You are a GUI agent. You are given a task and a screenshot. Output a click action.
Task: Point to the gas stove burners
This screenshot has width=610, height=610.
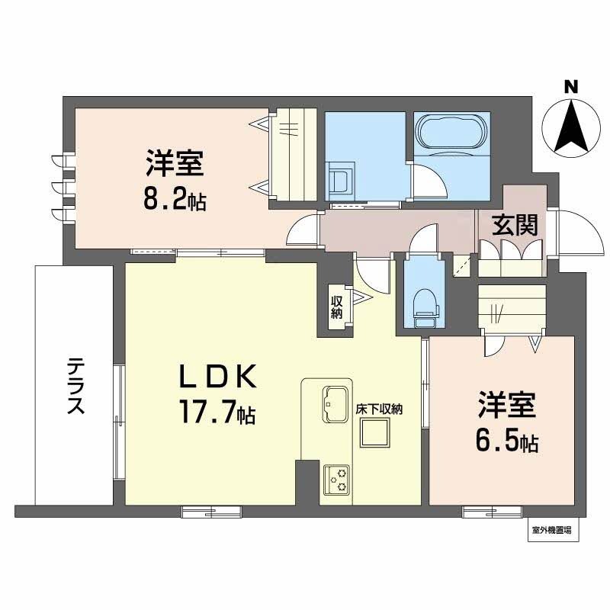[x=335, y=479]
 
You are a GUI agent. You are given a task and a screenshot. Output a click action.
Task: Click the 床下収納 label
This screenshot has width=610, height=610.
[x=379, y=409]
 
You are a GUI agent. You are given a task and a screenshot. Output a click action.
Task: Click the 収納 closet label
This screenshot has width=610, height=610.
[x=336, y=307]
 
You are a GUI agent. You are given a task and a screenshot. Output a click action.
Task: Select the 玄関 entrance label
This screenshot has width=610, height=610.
[x=515, y=225]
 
